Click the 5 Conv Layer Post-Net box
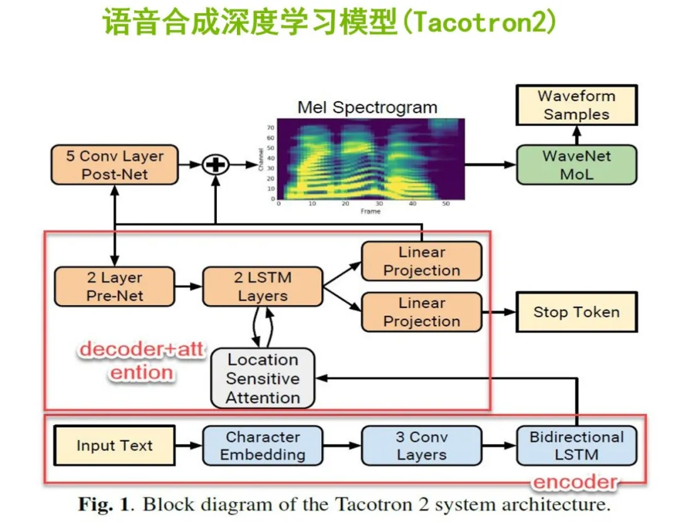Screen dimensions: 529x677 click(x=114, y=165)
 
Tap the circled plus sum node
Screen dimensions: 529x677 click(x=215, y=165)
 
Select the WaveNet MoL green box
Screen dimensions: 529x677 click(x=576, y=165)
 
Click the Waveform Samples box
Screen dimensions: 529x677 click(x=576, y=105)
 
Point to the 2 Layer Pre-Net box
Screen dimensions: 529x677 click(x=114, y=287)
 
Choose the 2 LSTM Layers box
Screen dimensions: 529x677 click(x=263, y=287)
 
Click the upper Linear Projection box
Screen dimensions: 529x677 click(x=422, y=262)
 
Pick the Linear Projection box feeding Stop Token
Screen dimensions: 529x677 click(x=422, y=312)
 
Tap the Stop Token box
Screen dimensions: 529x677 click(x=576, y=312)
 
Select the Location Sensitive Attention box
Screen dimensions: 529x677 click(x=263, y=378)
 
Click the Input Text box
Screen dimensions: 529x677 click(x=114, y=446)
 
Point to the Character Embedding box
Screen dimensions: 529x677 click(x=263, y=446)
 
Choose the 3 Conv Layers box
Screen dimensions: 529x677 click(x=422, y=446)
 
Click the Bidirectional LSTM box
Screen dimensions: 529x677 click(x=576, y=446)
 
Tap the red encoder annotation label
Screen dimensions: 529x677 click(x=574, y=482)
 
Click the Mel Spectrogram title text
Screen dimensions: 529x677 click(x=367, y=107)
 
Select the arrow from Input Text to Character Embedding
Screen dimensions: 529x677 click(x=187, y=446)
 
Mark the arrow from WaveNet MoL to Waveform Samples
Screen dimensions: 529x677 click(x=576, y=136)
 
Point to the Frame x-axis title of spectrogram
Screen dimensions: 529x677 click(x=370, y=211)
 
